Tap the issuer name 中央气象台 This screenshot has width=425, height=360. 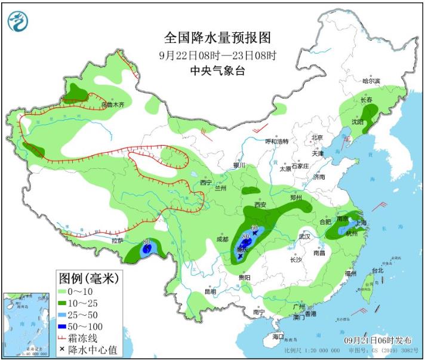217,70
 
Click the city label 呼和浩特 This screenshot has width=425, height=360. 277,141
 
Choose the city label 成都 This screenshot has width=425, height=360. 222,239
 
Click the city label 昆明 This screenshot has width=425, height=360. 210,292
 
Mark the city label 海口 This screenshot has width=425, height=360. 278,337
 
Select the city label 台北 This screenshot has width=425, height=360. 377,270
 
